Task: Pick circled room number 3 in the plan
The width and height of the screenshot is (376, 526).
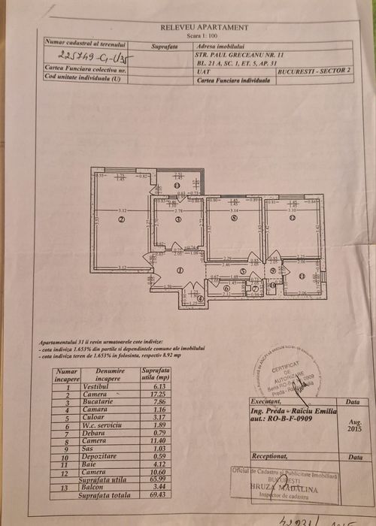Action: point(178,219)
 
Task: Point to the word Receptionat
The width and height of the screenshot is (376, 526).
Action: point(270,456)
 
